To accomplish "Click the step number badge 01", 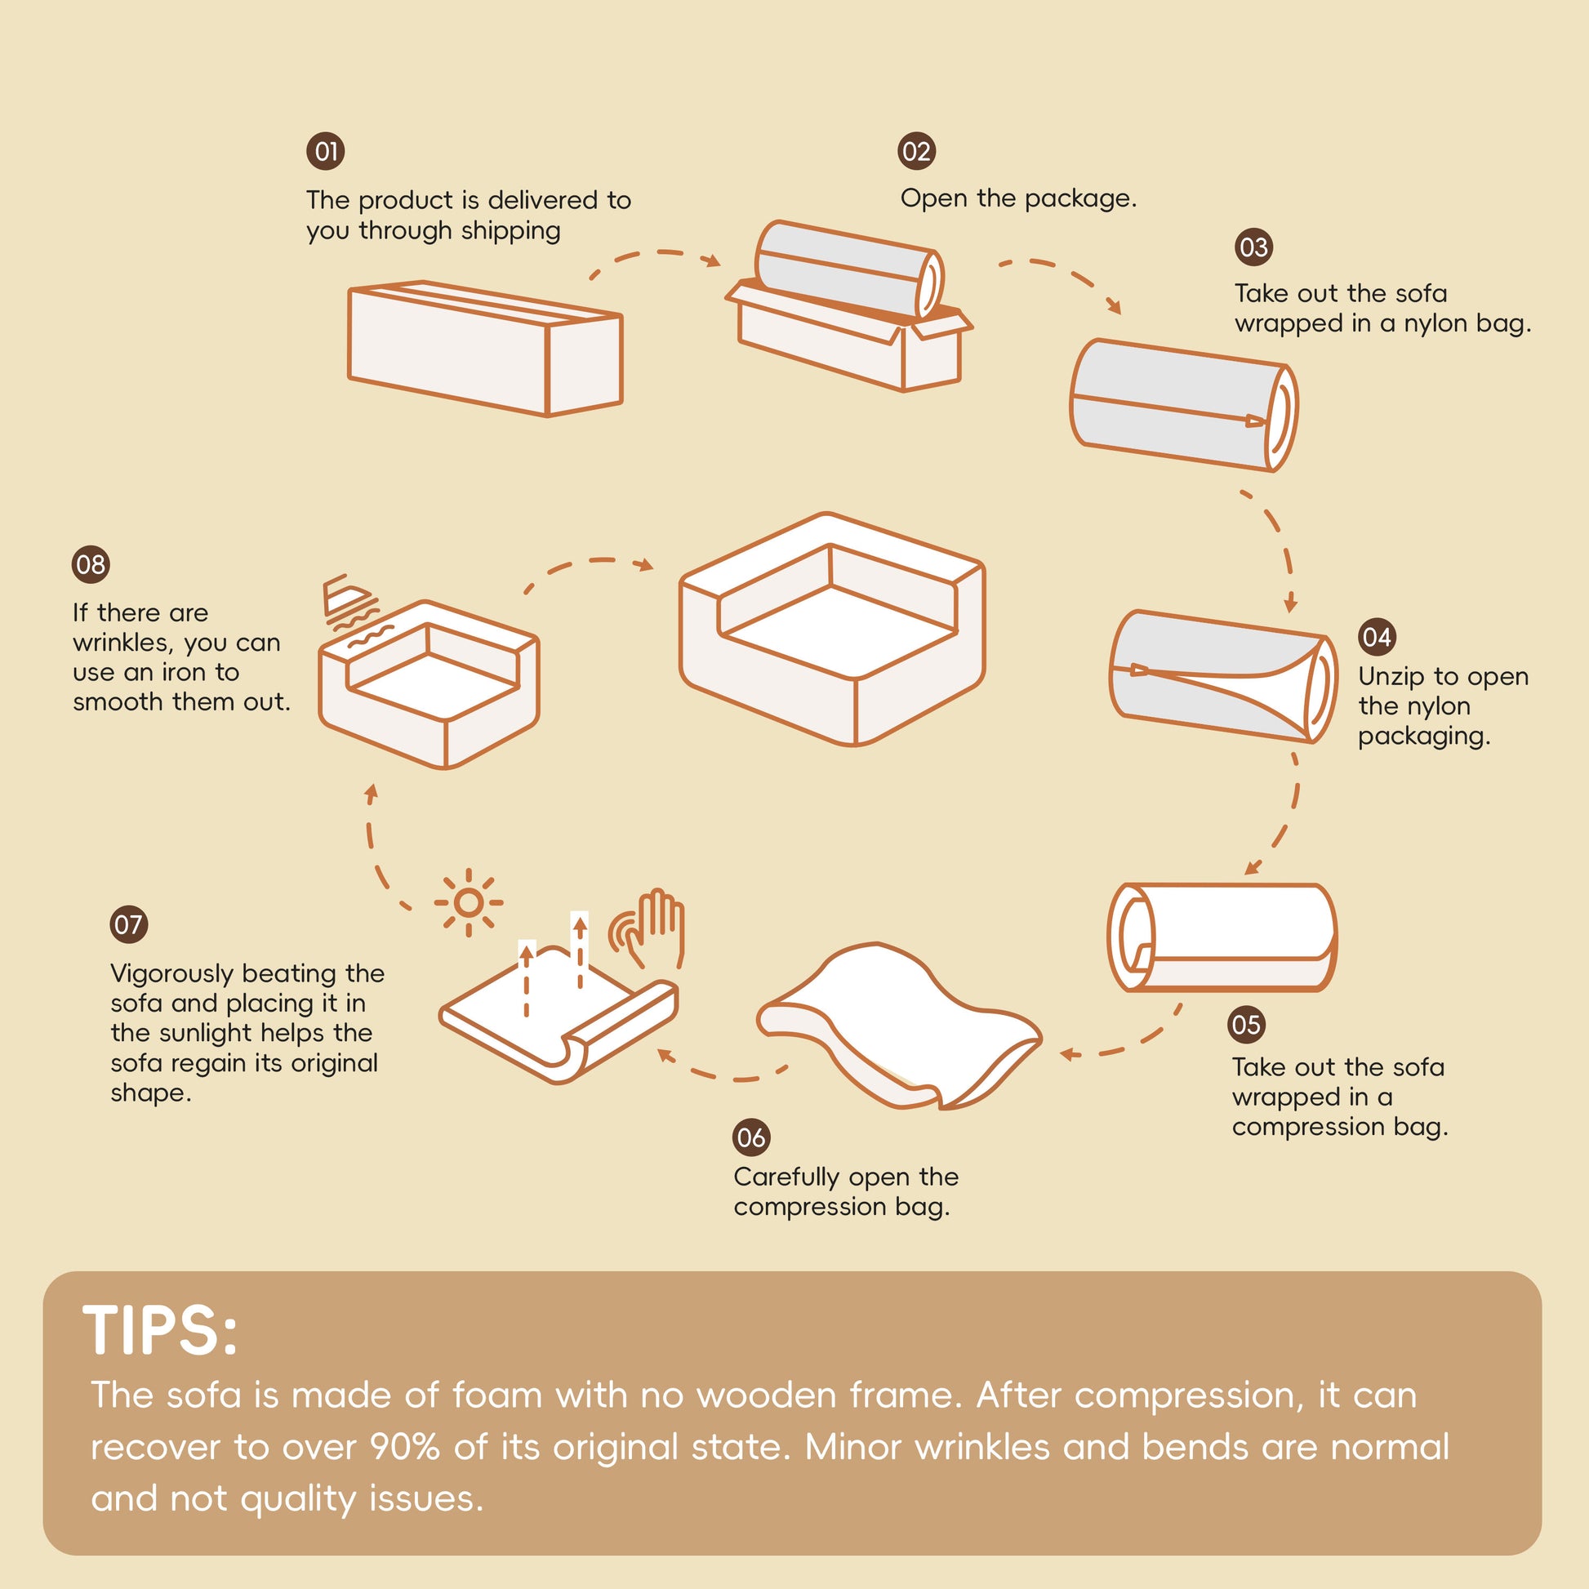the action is (x=326, y=151).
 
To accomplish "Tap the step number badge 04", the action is (x=1377, y=637).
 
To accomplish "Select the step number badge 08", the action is (x=91, y=564).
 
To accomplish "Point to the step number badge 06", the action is (x=751, y=1137).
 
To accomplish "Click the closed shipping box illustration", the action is (x=485, y=349).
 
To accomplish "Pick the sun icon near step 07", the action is (x=468, y=903).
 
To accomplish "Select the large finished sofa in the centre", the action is (x=831, y=630).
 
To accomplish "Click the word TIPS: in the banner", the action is (x=160, y=1330).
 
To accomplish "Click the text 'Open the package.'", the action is (x=1018, y=198).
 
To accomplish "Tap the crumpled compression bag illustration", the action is (x=898, y=1026).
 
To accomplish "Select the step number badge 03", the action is (x=1253, y=247).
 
